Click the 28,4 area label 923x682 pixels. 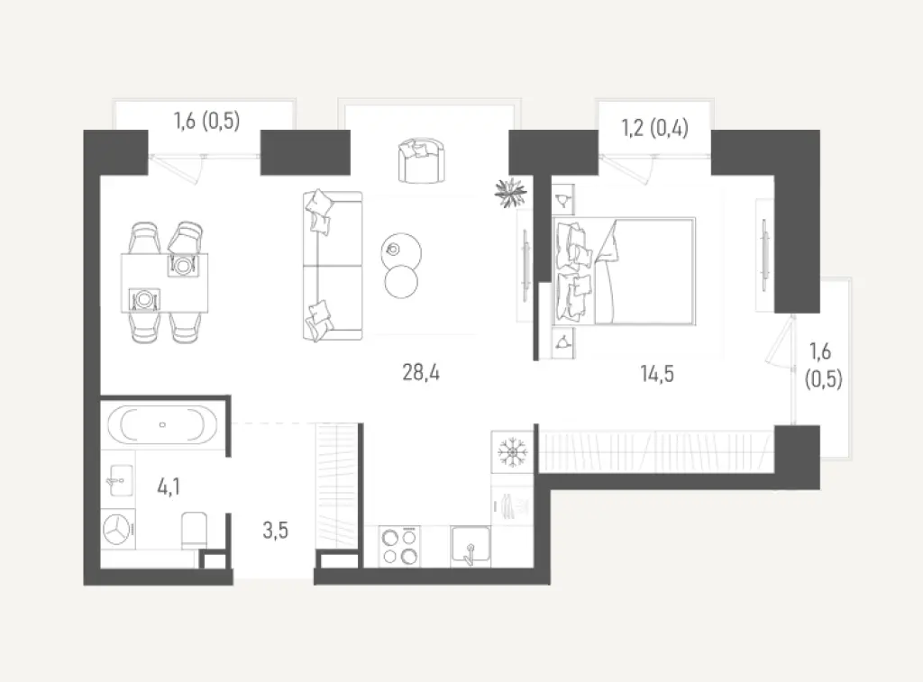[420, 372]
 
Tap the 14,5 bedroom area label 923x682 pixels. [657, 374]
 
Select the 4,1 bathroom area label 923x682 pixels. [169, 486]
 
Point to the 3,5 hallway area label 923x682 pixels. [275, 530]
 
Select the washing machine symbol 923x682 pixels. [118, 529]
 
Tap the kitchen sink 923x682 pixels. [471, 545]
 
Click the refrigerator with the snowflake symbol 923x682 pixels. [513, 452]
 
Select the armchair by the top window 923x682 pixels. [422, 160]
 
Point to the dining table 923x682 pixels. [165, 283]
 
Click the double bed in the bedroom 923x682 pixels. [624, 271]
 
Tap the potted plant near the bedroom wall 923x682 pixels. [510, 193]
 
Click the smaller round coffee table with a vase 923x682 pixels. [401, 250]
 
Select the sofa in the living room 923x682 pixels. [333, 266]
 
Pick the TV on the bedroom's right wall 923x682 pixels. [764, 254]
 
